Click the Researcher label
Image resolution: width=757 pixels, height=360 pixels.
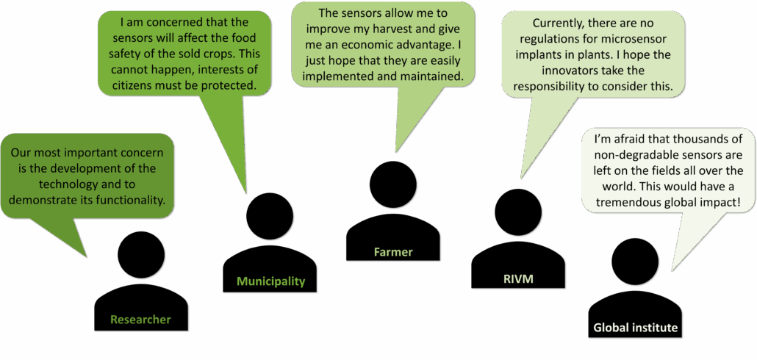click(x=140, y=320)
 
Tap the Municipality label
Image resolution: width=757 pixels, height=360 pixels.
click(x=271, y=281)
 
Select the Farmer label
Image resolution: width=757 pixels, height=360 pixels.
click(x=393, y=251)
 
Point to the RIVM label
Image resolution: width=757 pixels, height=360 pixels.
click(x=518, y=278)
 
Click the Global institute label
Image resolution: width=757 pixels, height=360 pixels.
click(x=635, y=328)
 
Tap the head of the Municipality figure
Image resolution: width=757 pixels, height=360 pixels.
click(x=270, y=217)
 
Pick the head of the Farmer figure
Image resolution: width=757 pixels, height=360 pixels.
click(x=393, y=184)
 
